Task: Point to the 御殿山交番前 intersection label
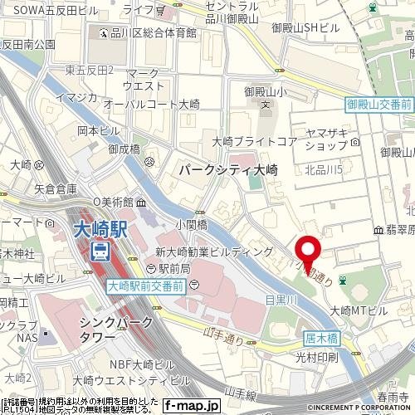coord(378,105)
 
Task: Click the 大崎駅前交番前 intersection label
coord(147,285)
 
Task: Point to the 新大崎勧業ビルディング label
coord(214,251)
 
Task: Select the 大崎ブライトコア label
coord(254,141)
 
